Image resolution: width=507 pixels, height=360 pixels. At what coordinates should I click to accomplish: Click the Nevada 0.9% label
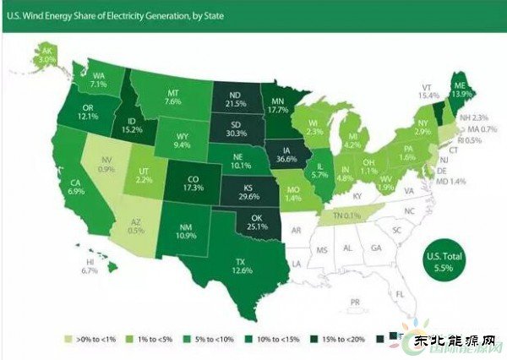pos(104,162)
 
